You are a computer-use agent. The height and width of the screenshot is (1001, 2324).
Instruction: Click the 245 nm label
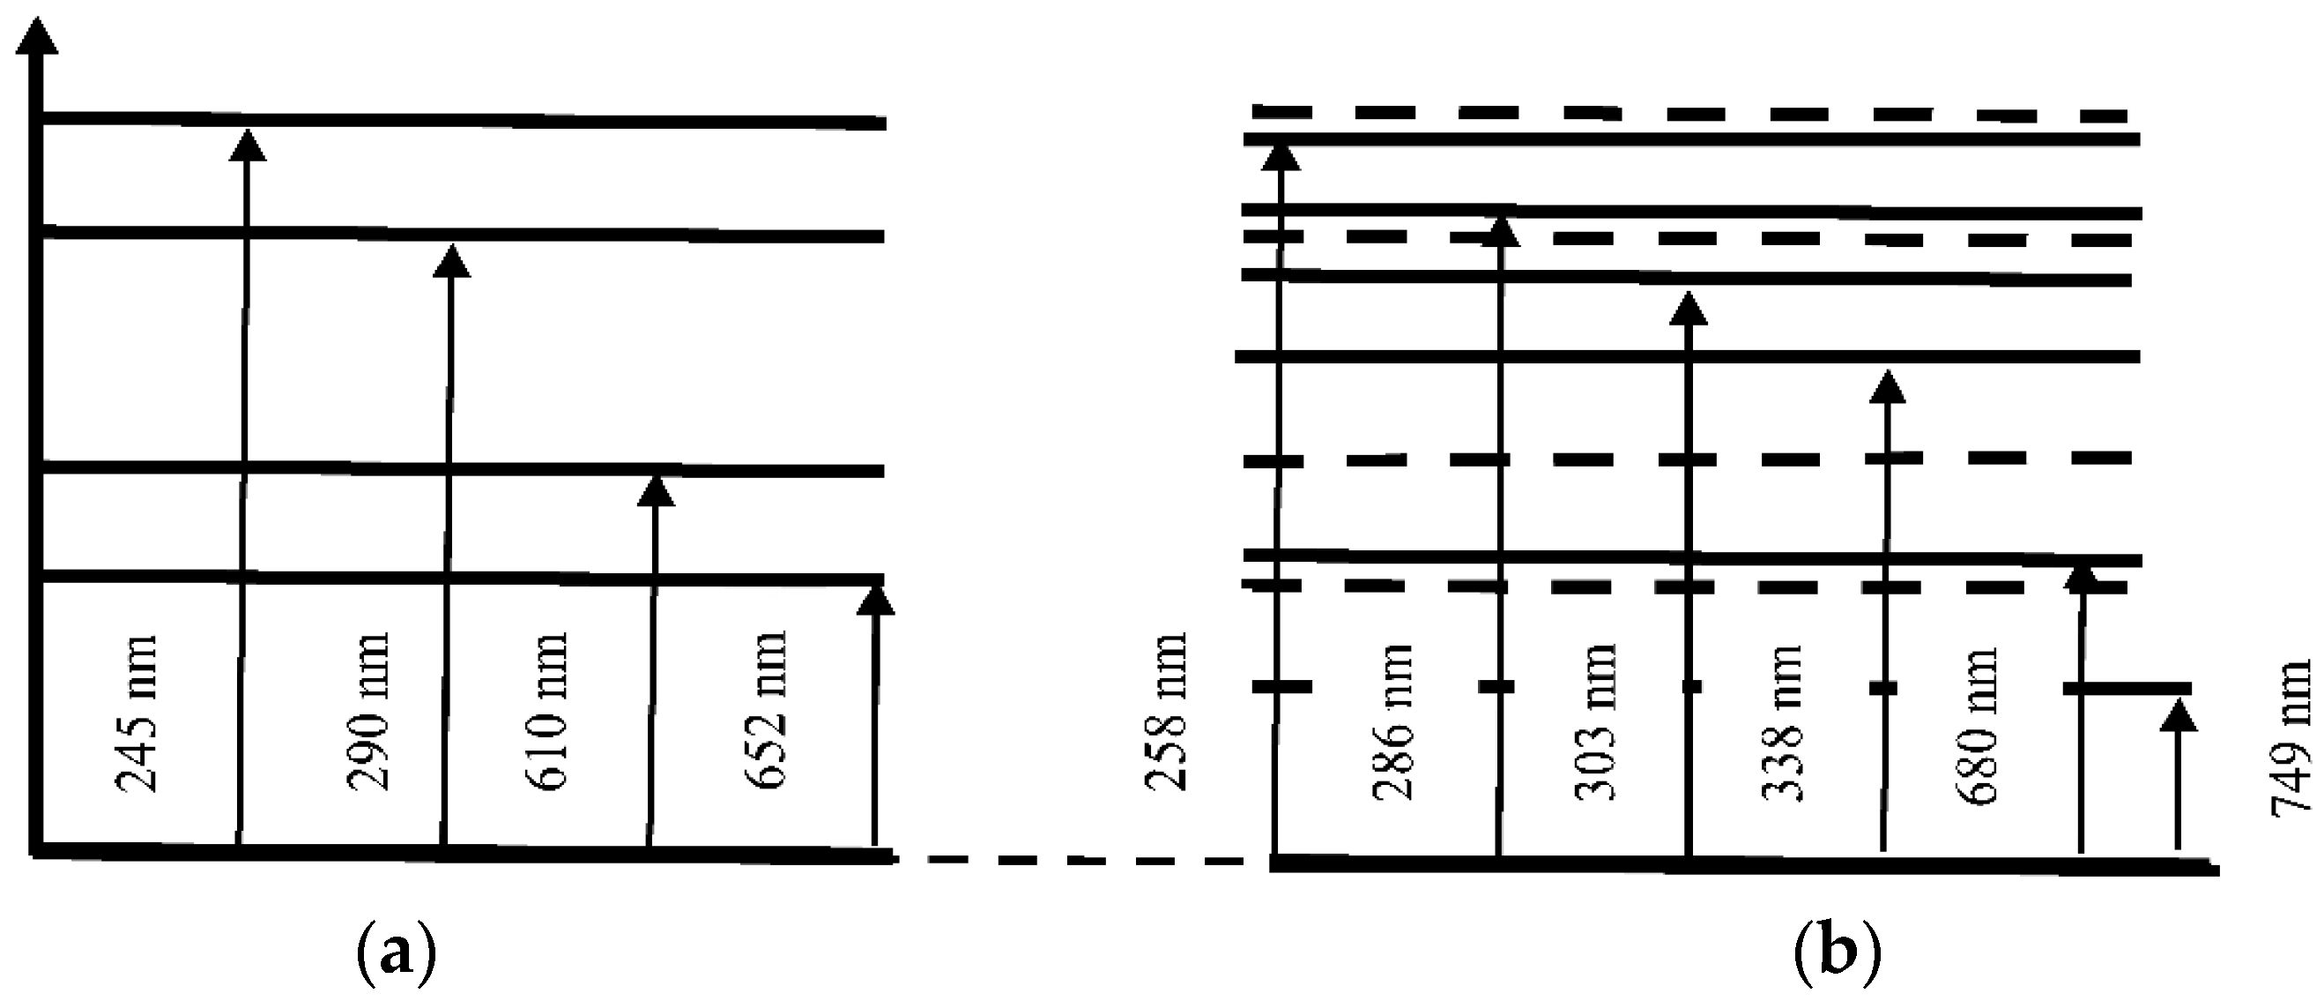coord(137,713)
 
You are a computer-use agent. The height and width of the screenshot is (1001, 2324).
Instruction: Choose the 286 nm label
coord(1392,722)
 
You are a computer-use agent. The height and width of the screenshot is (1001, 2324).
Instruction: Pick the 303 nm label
coord(1595,722)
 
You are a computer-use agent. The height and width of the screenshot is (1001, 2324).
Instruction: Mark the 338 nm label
coord(1782,722)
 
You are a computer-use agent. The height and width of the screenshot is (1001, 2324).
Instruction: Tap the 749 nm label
coord(2290,738)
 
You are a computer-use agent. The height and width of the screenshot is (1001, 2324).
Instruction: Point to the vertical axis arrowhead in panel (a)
coord(36,36)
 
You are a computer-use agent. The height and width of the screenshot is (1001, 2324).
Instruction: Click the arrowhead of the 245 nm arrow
coord(247,146)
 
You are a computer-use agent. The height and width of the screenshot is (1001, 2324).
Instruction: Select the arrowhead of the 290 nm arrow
coord(452,261)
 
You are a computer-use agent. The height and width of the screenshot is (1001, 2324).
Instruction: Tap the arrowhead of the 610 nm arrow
coord(656,491)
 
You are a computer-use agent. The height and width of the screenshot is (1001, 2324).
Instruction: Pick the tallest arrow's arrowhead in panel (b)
coord(1281,155)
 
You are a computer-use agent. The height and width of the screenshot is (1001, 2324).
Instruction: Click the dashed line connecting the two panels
coord(1082,860)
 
